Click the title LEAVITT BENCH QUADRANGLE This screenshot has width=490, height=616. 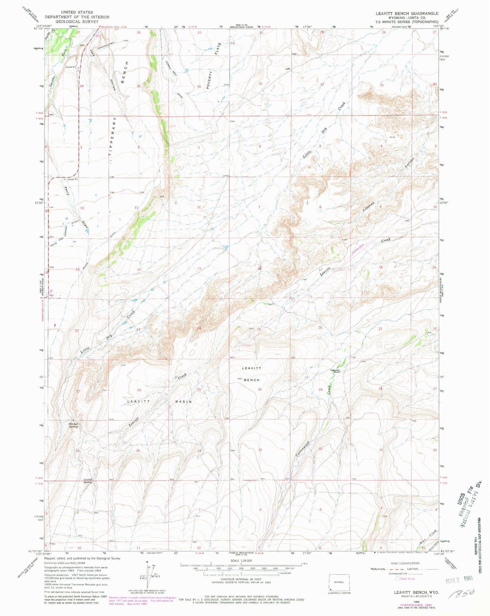407,13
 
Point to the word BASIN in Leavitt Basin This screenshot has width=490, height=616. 183,402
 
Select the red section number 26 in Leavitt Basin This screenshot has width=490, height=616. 139,390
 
